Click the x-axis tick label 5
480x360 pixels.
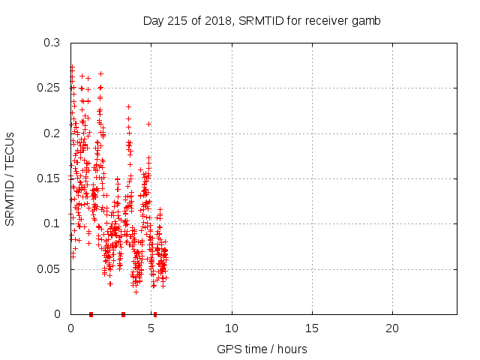point(151,328)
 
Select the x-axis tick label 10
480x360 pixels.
point(232,328)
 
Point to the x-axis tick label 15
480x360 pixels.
point(312,328)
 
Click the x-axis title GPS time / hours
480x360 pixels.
point(262,349)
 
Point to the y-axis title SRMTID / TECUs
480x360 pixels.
point(10,178)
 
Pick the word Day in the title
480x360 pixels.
point(153,20)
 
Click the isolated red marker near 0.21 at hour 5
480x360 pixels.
point(148,124)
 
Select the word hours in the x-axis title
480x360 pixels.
point(292,349)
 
